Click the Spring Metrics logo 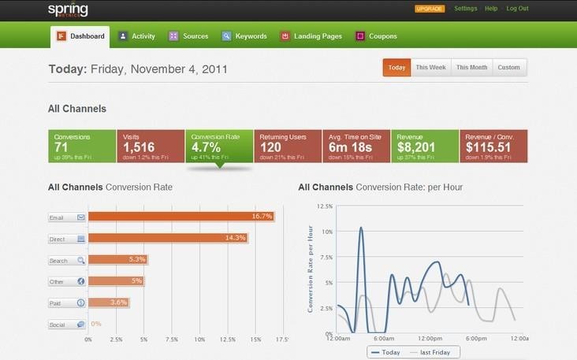point(69,10)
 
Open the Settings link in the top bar point(466,9)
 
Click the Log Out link point(517,9)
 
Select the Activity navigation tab point(136,36)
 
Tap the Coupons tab point(376,36)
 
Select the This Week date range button point(430,68)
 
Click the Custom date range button point(508,68)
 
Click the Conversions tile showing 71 point(82,146)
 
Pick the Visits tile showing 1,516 point(151,146)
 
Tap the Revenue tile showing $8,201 point(425,146)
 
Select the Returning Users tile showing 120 point(288,146)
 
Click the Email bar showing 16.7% point(181,217)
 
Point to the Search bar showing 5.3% point(117,260)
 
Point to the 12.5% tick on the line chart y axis point(324,206)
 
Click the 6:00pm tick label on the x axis point(475,338)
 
